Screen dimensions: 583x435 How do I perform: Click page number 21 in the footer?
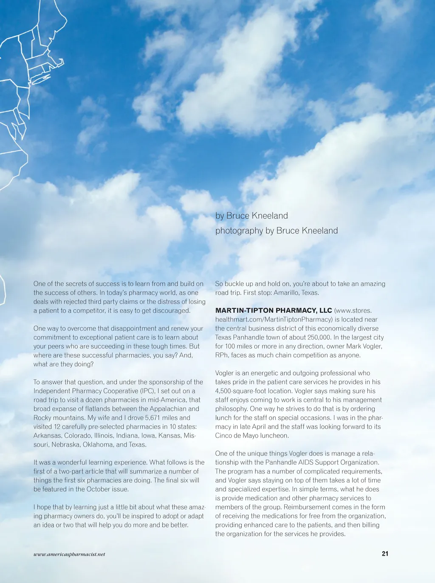point(385,554)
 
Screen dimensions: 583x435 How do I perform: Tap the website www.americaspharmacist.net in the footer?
point(69,554)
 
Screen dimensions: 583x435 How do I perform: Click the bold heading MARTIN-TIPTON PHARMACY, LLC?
point(274,311)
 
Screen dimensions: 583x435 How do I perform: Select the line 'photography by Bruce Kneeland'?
point(277,231)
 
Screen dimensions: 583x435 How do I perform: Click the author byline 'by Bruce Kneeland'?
point(251,216)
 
